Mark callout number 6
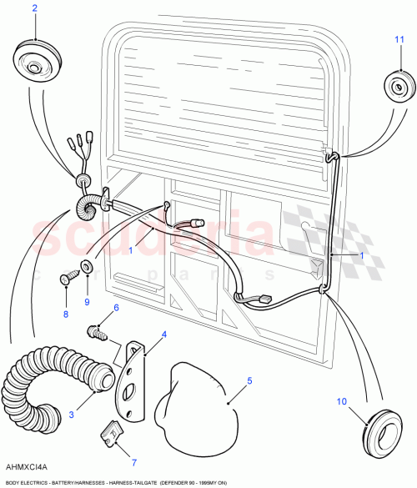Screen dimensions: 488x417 point(115,307)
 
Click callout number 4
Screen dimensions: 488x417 point(163,335)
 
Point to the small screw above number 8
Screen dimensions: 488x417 point(66,277)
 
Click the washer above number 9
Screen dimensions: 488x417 point(86,268)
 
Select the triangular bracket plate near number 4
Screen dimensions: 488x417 point(132,367)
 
